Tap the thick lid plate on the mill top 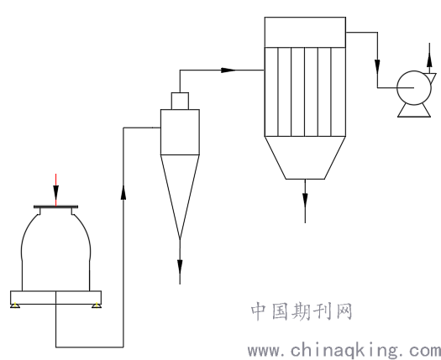56,206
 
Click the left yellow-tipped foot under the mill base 15,305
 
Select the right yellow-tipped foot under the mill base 97,305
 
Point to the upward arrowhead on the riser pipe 123,192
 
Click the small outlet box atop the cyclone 180,101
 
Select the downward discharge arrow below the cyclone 180,261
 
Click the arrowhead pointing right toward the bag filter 228,70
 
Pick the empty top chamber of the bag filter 305,33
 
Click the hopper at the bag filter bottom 305,158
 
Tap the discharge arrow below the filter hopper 305,201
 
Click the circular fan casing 414,87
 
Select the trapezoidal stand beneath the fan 414,111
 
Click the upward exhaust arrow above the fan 429,58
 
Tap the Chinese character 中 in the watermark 259,311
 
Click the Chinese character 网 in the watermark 344,311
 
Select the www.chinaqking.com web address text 344,351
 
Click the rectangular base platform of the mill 56,298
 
